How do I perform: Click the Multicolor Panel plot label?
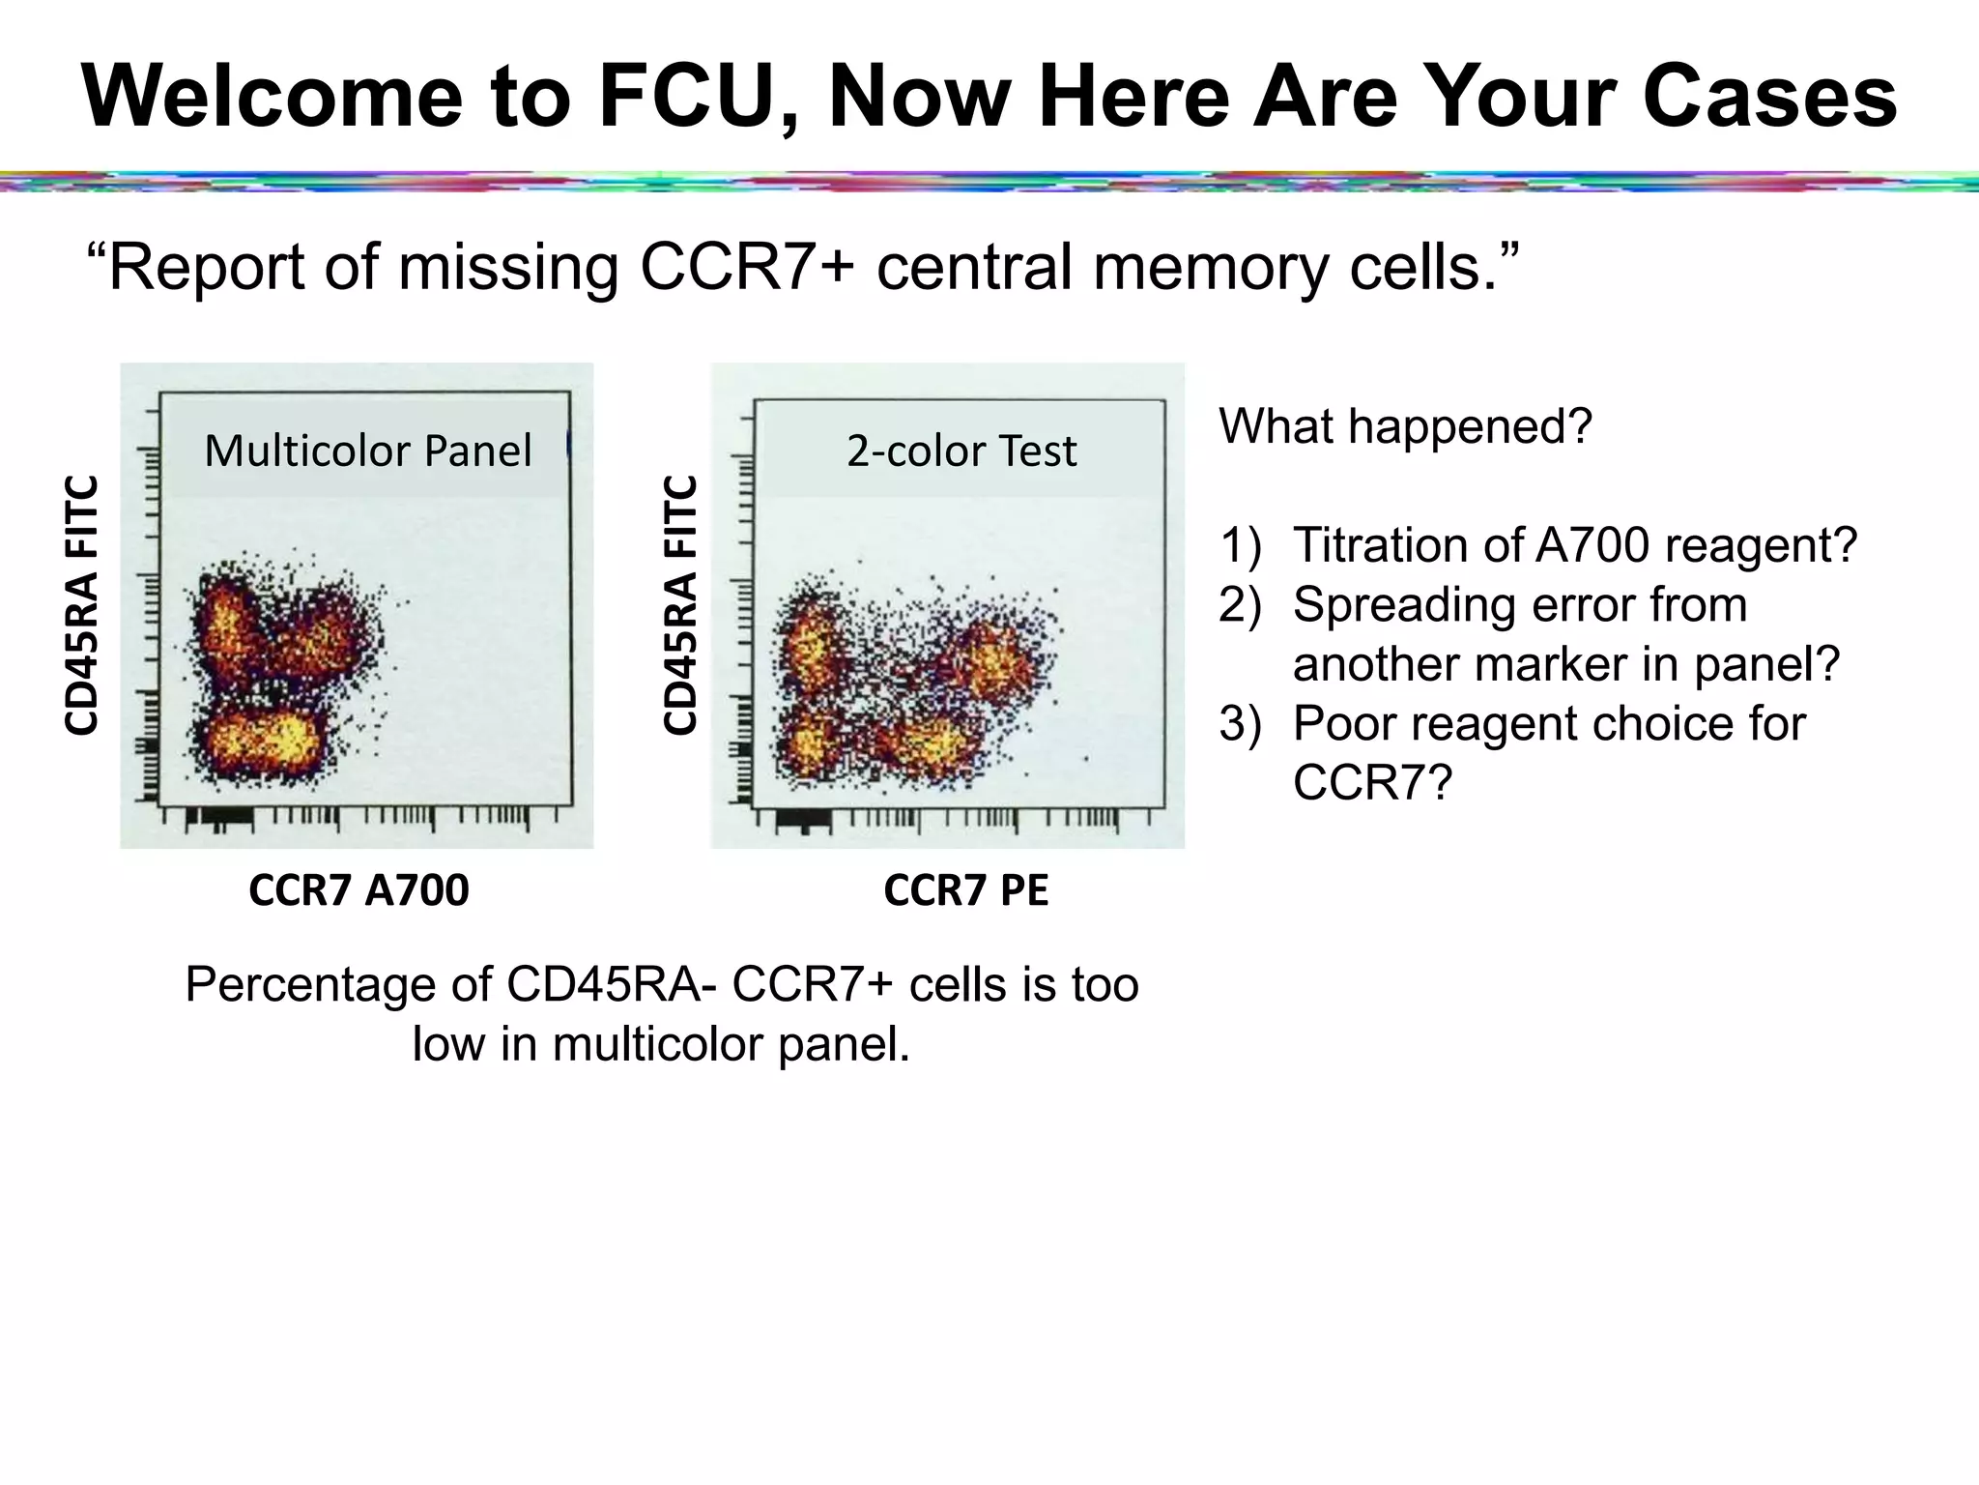(x=368, y=451)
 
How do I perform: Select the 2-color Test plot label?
(x=961, y=451)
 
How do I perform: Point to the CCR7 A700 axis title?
(x=359, y=889)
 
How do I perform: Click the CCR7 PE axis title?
(x=965, y=889)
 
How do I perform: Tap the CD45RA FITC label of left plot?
(x=82, y=605)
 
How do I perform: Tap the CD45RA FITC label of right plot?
(x=680, y=605)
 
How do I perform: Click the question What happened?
(x=1405, y=426)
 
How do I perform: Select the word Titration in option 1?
(x=1380, y=545)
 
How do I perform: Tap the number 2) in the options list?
(x=1241, y=605)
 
